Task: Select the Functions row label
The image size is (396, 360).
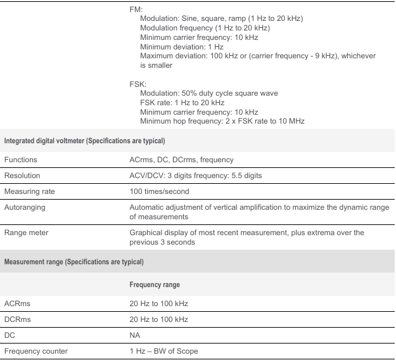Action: [23, 160]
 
